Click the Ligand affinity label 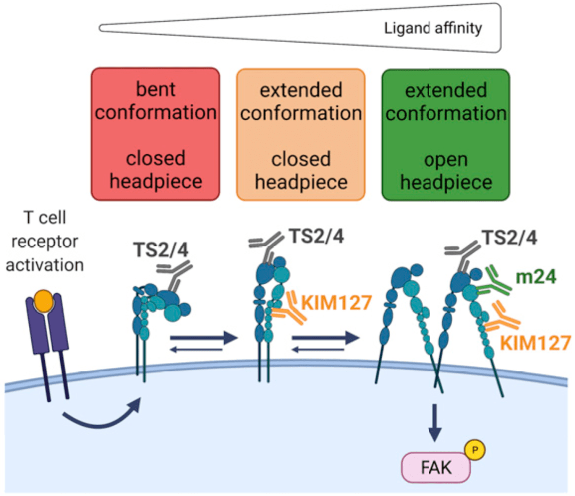click(x=433, y=28)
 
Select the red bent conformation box click(x=155, y=134)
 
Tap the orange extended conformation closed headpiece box click(x=301, y=135)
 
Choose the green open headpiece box click(x=446, y=135)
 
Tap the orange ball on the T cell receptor click(x=45, y=302)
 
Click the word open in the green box click(x=446, y=159)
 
